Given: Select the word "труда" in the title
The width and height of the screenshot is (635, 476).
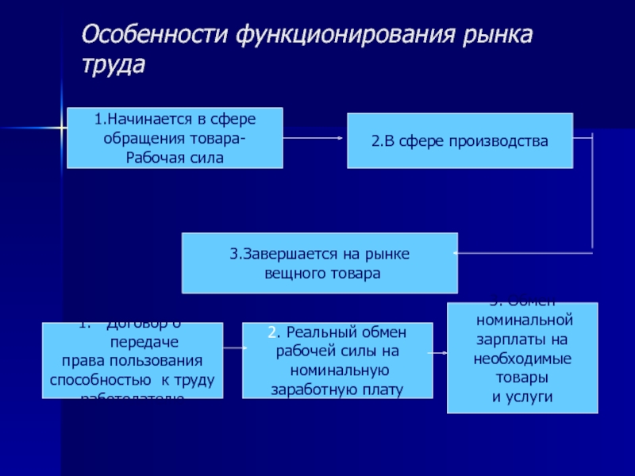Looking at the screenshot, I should point(114,65).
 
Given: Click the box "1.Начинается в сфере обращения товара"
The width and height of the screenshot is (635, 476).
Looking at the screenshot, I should point(175,138).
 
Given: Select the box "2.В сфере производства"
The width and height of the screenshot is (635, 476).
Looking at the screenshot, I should point(460,140).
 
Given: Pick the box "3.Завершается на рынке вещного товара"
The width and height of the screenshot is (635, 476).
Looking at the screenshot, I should point(320,263).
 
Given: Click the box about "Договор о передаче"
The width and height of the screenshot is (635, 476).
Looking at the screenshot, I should point(133,360).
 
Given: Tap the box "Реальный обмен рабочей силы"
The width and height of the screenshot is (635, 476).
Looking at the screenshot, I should point(337,360).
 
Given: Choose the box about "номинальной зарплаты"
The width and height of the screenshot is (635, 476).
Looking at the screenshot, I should point(522,358).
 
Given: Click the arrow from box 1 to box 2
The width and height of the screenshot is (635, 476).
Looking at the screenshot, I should point(314,139).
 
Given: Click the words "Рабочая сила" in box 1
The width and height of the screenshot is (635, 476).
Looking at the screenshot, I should point(175,156).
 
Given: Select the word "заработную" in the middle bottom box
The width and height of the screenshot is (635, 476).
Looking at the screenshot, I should point(311,390).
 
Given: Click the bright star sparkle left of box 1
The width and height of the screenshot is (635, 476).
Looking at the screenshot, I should point(60,127).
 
